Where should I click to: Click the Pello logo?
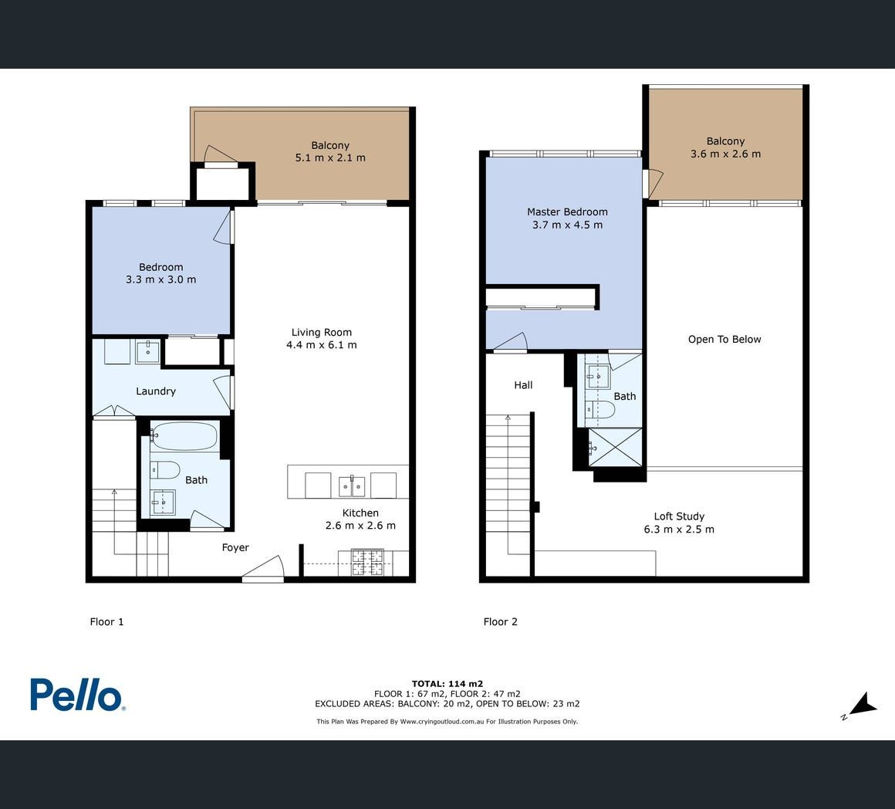point(78,695)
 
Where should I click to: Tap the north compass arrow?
point(862,706)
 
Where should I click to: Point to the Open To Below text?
point(724,339)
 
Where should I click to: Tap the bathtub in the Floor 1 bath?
point(184,436)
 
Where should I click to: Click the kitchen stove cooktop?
point(367,562)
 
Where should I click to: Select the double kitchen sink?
point(352,486)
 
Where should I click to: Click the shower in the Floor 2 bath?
point(616,447)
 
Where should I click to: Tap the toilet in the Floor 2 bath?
point(600,409)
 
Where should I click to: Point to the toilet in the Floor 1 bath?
point(164,470)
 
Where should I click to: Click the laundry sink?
point(148,352)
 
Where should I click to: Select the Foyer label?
point(235,547)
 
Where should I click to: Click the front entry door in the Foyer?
point(262,569)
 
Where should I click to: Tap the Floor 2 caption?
point(501,621)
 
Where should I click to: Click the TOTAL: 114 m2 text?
point(447,683)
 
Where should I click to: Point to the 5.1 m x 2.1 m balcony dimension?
point(330,157)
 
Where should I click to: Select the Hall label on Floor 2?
point(523,385)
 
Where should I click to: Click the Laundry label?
point(156,391)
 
